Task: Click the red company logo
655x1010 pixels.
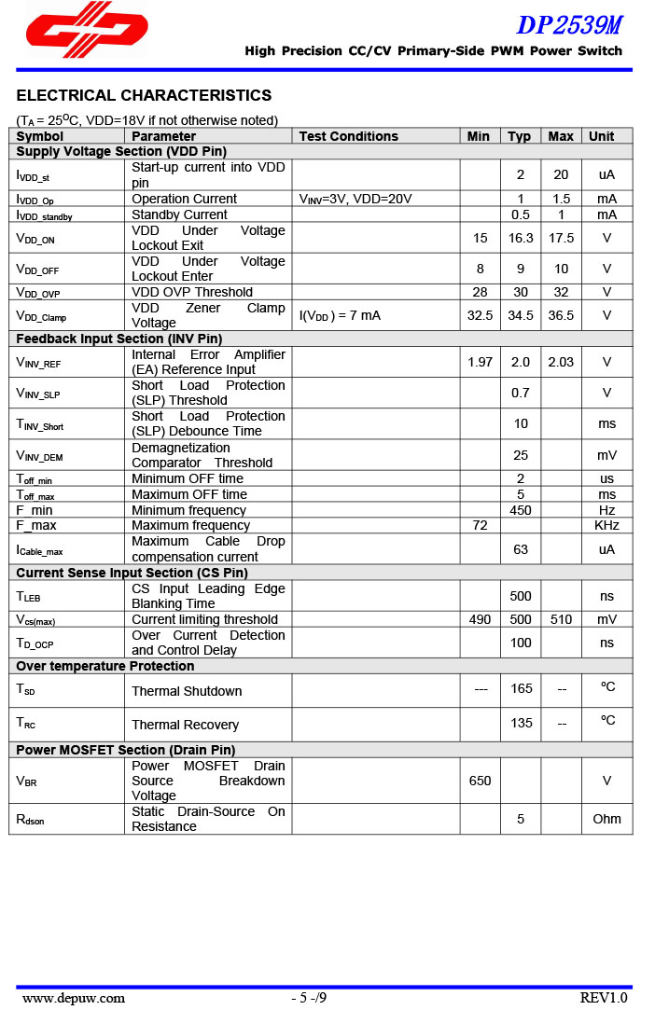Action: [x=86, y=25]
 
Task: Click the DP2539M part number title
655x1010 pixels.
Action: [x=568, y=24]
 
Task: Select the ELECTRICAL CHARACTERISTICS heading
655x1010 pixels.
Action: [x=144, y=95]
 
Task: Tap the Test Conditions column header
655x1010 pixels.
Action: [x=348, y=136]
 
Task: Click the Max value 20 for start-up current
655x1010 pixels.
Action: [x=561, y=174]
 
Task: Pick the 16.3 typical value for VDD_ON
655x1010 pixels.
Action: [x=521, y=238]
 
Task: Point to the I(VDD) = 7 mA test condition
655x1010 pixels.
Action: [x=340, y=315]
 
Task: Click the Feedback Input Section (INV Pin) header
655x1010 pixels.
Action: [x=118, y=339]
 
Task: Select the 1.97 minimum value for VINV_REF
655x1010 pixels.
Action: [x=480, y=362]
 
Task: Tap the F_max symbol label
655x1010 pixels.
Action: [x=36, y=525]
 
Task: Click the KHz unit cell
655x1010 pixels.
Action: [x=606, y=525]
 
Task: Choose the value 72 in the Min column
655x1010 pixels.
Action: [x=480, y=525]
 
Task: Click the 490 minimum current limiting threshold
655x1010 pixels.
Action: [x=480, y=619]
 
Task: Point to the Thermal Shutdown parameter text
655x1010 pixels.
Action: [x=187, y=691]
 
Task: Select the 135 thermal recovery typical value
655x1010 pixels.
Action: [x=521, y=723]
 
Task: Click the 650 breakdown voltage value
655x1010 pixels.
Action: [x=480, y=781]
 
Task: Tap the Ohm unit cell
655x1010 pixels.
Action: [x=606, y=819]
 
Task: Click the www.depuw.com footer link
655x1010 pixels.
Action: [x=74, y=998]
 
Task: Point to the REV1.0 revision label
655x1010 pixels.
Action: [x=604, y=998]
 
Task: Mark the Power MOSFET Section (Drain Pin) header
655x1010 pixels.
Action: [x=125, y=750]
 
